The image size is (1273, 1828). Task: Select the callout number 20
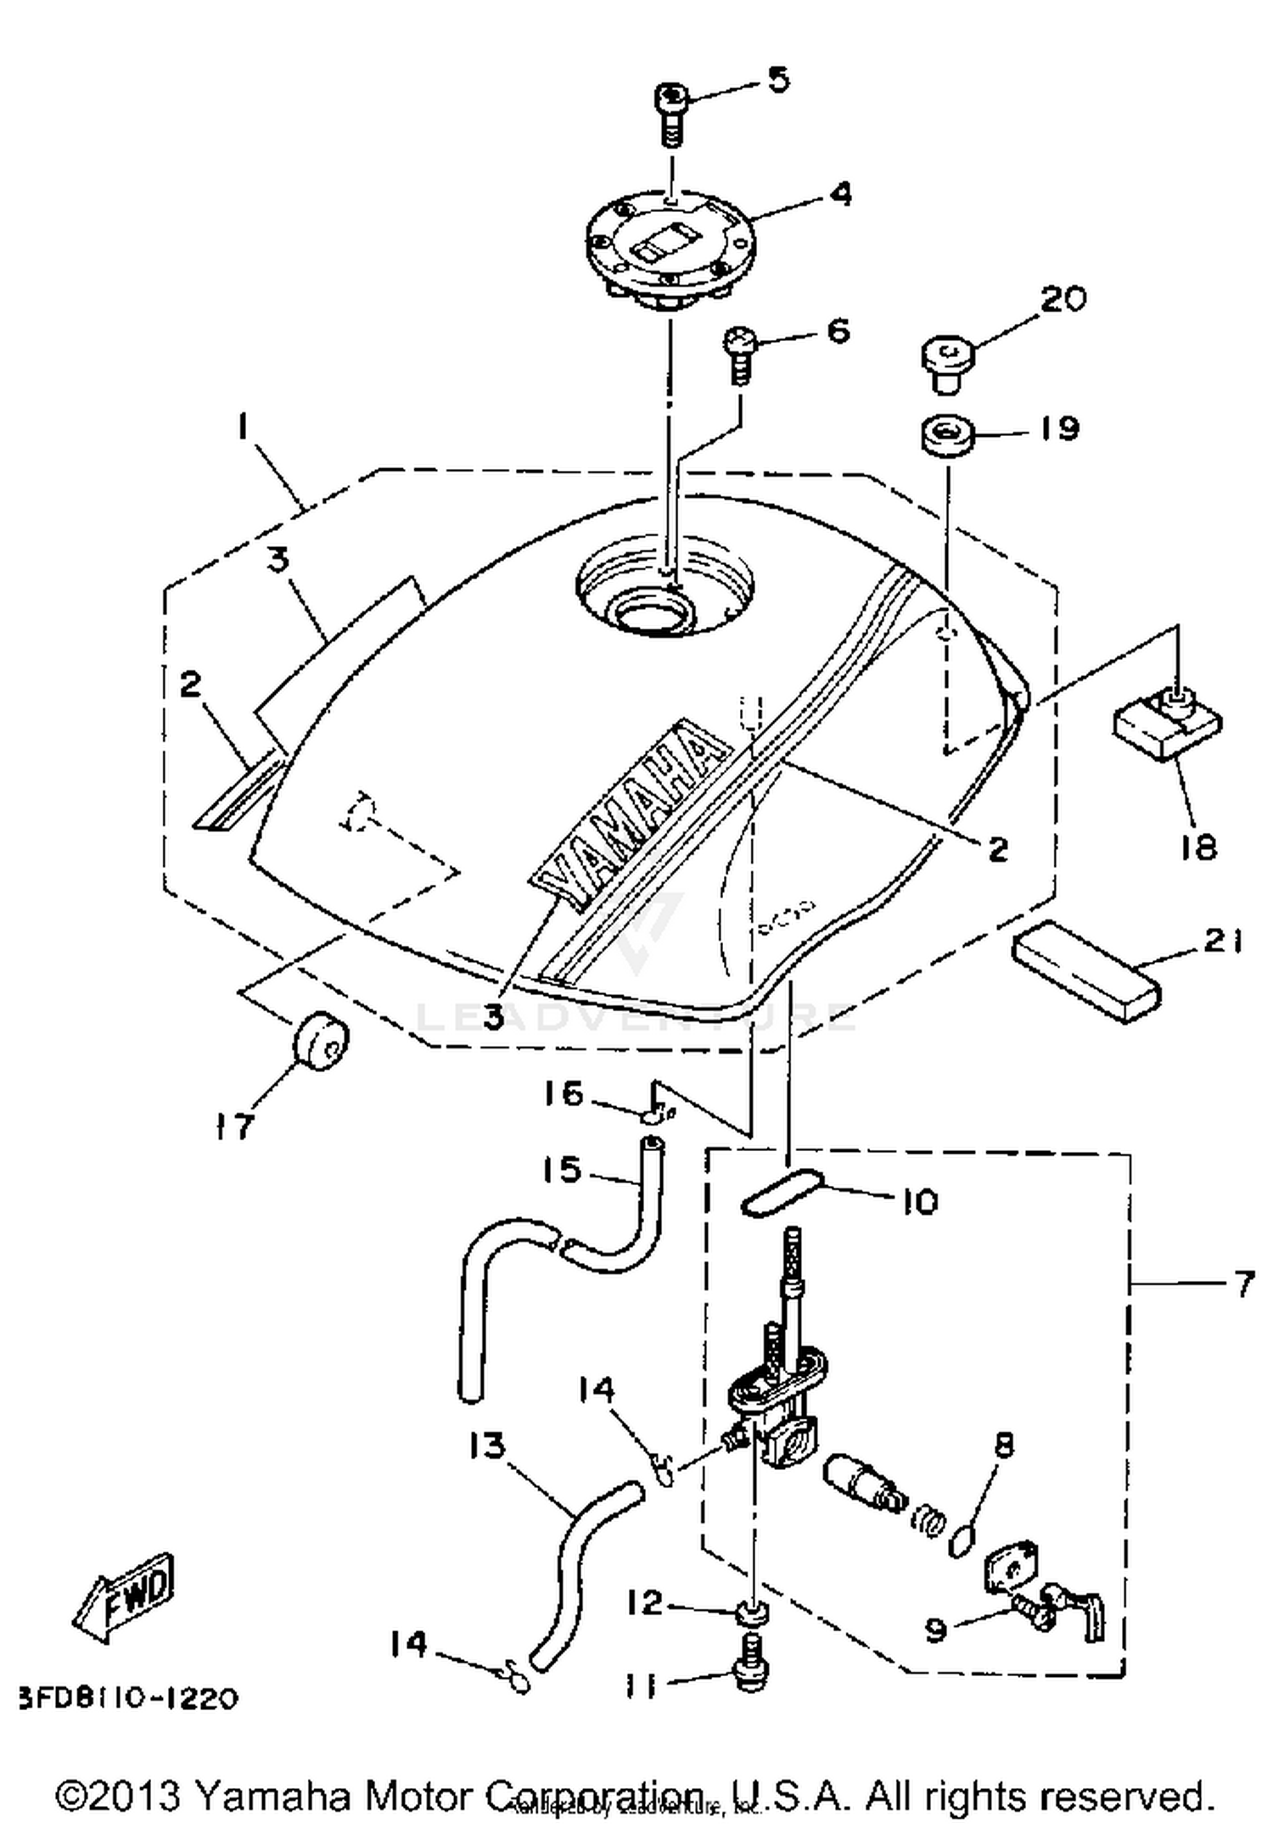coord(1063,299)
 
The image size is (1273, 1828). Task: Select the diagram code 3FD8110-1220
coord(127,1699)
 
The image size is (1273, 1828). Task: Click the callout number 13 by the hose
coord(486,1445)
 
